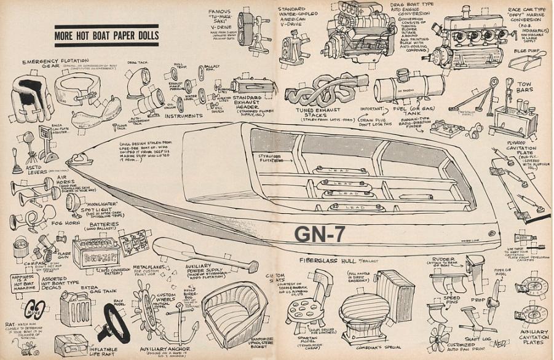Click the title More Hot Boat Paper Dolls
click(x=106, y=36)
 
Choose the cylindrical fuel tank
click(x=409, y=88)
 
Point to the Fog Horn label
click(x=60, y=224)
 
